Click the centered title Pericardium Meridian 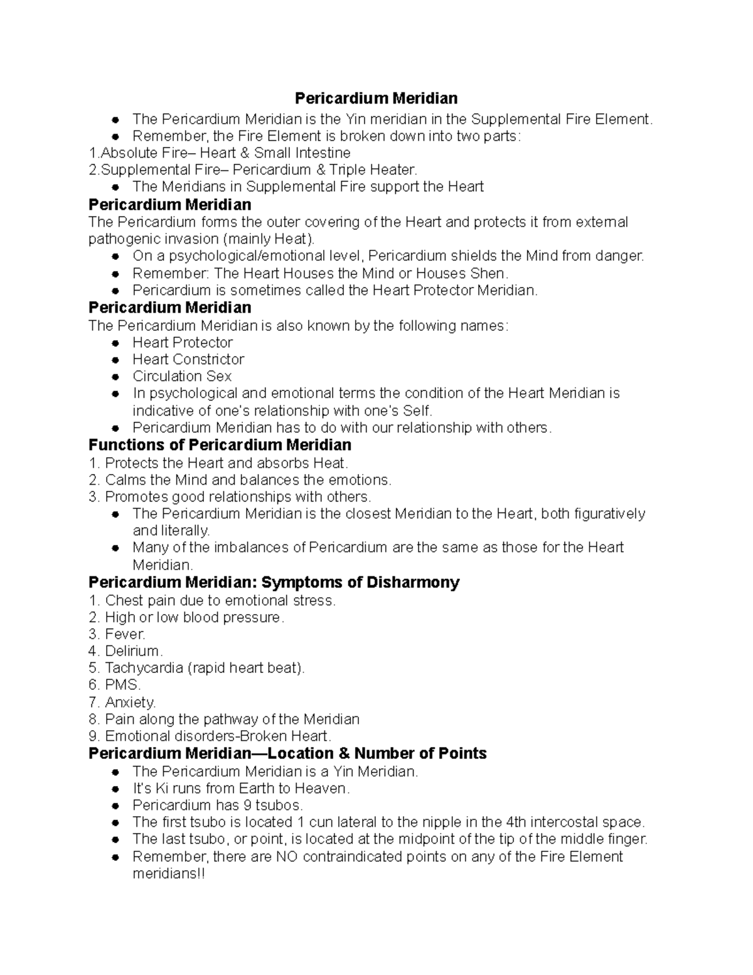(x=376, y=99)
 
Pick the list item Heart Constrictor (x=188, y=360)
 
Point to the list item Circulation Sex (x=182, y=377)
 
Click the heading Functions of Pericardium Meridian (x=220, y=446)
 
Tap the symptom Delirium (x=134, y=652)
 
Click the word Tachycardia (x=144, y=669)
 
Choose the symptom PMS (x=122, y=686)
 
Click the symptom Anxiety (x=130, y=703)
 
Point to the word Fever (x=125, y=635)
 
